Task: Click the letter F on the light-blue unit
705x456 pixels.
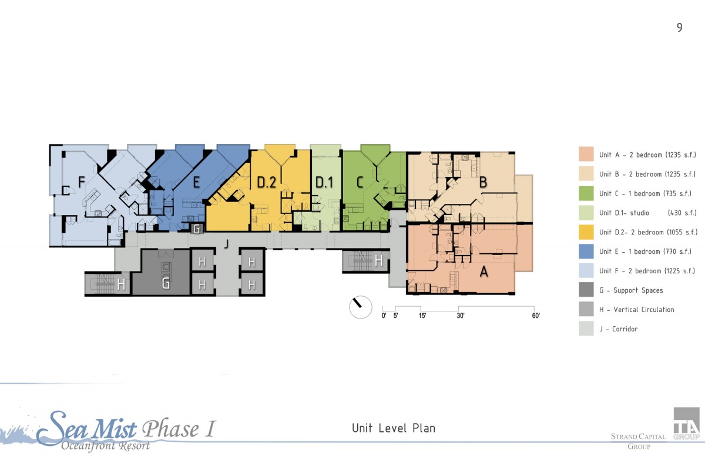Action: click(x=82, y=182)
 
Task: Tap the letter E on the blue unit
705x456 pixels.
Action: click(x=196, y=182)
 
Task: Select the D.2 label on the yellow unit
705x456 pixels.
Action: click(x=267, y=182)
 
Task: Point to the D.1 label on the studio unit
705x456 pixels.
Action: click(x=324, y=182)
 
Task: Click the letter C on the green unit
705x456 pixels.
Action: click(x=360, y=182)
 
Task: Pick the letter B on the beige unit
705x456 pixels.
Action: click(x=483, y=182)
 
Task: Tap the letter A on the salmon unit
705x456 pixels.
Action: click(x=484, y=271)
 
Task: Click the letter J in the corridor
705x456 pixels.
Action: click(x=226, y=244)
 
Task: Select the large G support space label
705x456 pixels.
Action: click(x=166, y=283)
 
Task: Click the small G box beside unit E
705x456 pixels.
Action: click(x=197, y=229)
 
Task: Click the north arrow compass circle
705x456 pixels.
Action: click(x=360, y=307)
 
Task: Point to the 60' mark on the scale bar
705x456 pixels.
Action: click(x=536, y=316)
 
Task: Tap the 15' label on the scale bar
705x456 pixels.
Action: click(x=422, y=316)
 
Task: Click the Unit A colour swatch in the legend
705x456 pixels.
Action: click(x=586, y=154)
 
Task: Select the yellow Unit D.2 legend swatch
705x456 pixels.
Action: click(x=586, y=232)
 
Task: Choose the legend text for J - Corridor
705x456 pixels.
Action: click(x=619, y=329)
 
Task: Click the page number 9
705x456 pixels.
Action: click(x=680, y=28)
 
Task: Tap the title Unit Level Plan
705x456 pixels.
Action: click(x=394, y=428)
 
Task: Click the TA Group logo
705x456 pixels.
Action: click(x=686, y=423)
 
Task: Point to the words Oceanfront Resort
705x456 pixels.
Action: click(x=106, y=445)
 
